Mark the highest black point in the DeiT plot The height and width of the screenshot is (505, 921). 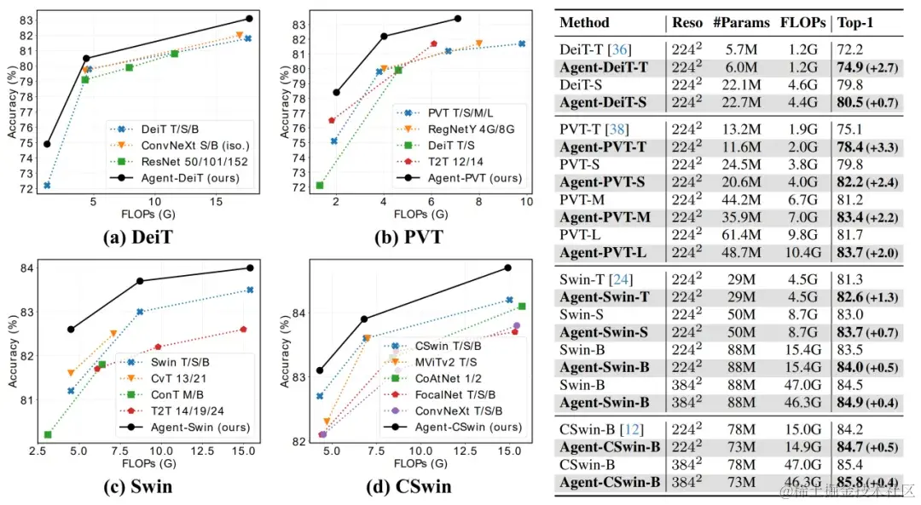click(249, 18)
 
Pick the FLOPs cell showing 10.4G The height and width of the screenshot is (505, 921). click(802, 253)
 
